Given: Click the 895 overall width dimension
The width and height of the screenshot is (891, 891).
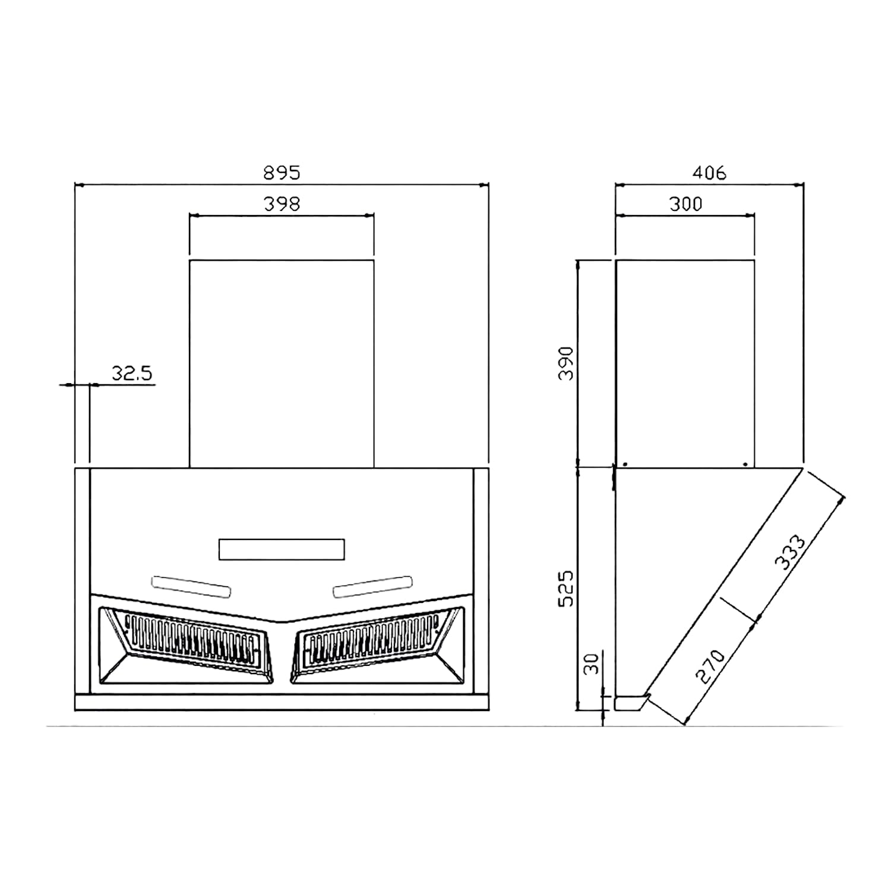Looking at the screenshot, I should pos(282,173).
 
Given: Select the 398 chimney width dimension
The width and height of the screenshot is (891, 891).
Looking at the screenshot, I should pos(282,204).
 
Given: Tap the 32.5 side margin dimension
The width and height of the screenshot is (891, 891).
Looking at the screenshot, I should pos(132,374).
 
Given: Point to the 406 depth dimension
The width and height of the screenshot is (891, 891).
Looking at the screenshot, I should pos(709,173).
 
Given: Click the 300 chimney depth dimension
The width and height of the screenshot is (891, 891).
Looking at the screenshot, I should pos(685,204).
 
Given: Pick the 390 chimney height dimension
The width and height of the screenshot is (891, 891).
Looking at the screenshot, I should pos(567,363).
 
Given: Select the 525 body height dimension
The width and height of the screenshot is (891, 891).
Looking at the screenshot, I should pos(567,588).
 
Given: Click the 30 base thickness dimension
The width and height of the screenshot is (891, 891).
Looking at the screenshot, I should pos(592,663).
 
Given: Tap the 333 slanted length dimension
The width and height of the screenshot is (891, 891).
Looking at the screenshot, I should pos(791,552).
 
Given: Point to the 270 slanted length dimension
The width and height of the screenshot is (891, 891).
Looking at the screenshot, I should pos(710,666).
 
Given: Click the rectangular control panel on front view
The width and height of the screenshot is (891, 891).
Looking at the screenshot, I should pos(282,549).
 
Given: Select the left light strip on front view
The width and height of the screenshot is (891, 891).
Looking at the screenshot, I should pos(191,586).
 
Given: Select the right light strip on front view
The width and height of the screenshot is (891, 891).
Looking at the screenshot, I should pos(372,586).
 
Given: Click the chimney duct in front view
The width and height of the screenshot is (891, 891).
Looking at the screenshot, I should pos(282,364).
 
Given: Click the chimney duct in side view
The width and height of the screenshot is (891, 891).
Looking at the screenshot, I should pos(685,364).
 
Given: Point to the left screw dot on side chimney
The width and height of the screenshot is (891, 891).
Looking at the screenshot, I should pos(625,464).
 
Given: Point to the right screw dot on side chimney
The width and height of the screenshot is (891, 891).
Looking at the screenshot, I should pos(745,464).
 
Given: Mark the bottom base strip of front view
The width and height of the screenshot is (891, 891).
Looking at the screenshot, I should pos(282,703).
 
